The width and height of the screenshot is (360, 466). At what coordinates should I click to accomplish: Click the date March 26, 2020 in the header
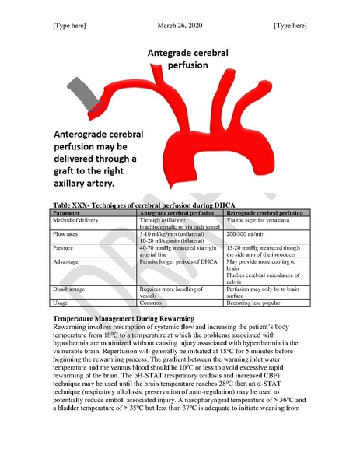180,26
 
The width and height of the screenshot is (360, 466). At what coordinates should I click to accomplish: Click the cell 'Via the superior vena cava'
256,219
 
